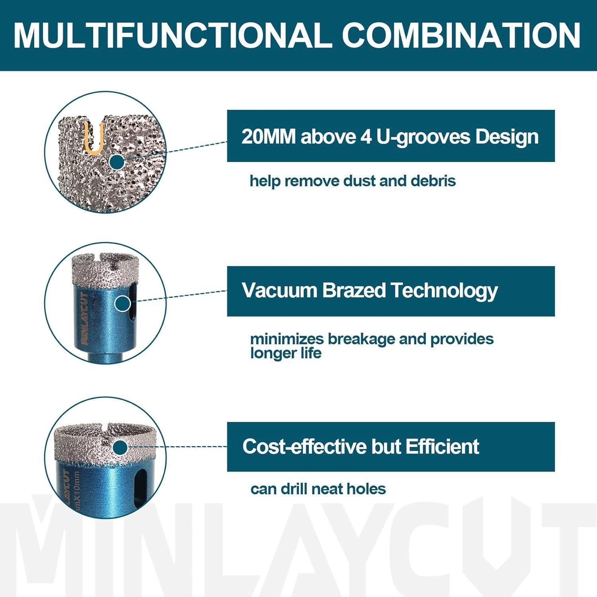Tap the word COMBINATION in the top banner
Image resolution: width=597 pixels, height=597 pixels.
click(462, 35)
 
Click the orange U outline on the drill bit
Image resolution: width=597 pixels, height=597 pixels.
click(94, 139)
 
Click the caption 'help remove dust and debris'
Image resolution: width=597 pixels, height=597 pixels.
click(353, 181)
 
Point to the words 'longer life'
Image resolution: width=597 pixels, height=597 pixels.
click(286, 353)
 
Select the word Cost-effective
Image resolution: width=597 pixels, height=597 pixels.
click(304, 446)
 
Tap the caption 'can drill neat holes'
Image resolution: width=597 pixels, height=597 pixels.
click(318, 489)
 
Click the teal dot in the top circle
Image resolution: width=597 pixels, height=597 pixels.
click(116, 162)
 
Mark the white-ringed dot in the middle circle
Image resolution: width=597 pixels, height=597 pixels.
click(123, 304)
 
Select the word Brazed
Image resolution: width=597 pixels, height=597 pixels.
click(354, 290)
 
